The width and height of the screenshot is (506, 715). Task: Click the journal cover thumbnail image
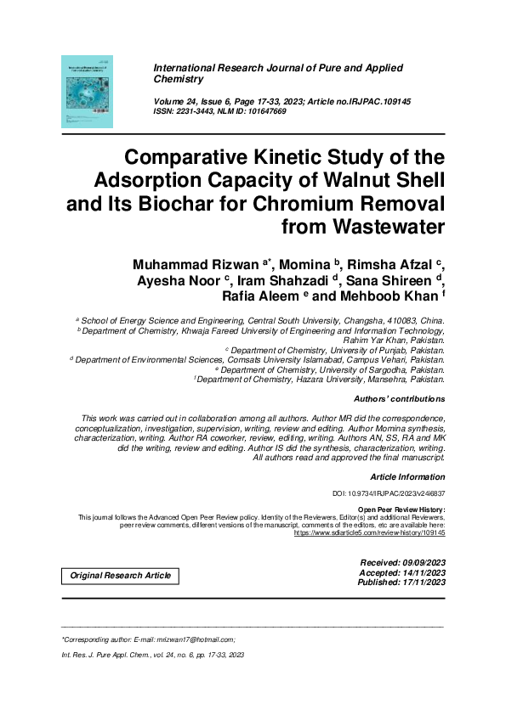tap(87, 92)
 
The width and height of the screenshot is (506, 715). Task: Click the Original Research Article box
tap(120, 576)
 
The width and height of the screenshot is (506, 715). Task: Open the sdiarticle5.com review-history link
tap(369, 532)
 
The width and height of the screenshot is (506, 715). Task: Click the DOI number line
tap(388, 493)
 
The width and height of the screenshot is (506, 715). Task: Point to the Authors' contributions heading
tap(399, 397)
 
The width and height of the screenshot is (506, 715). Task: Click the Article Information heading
tap(407, 476)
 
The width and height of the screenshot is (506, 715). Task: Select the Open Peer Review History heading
tap(401, 509)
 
